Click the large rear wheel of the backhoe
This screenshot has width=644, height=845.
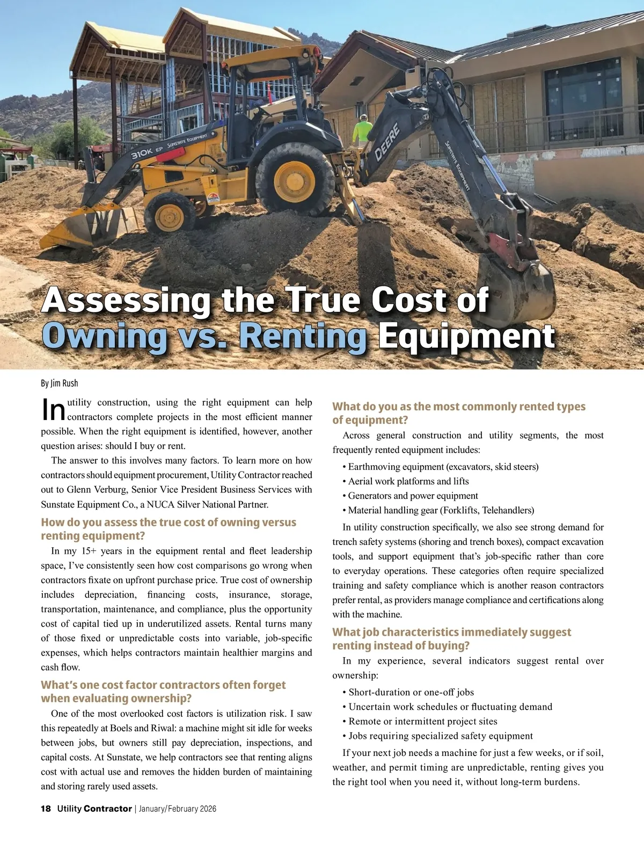[295, 180]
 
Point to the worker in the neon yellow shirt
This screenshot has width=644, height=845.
[363, 131]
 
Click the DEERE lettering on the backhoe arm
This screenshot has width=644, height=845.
[387, 142]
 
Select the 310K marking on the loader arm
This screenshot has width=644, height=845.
[142, 155]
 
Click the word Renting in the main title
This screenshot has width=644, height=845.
[303, 336]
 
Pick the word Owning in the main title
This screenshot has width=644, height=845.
[105, 336]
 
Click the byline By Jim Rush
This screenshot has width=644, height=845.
[60, 383]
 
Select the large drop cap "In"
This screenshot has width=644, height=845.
[53, 410]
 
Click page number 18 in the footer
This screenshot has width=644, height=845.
[46, 809]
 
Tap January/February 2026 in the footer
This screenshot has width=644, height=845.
[178, 809]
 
